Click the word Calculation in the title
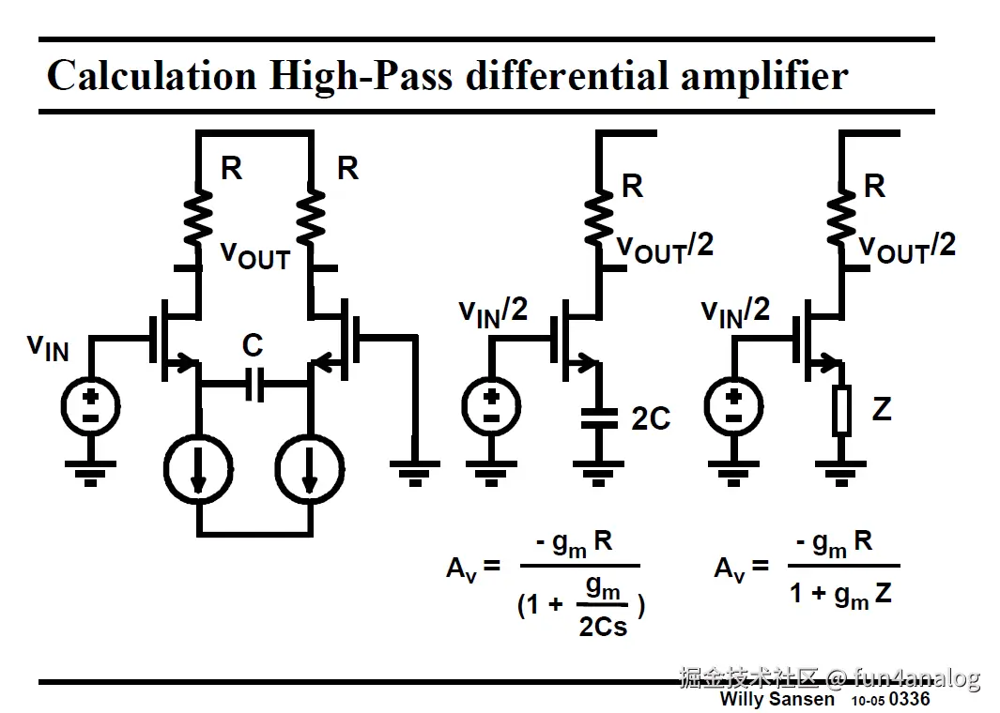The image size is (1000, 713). pyautogui.click(x=150, y=76)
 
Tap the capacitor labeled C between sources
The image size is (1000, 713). pyautogui.click(x=254, y=384)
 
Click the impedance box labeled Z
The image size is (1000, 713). pyautogui.click(x=840, y=411)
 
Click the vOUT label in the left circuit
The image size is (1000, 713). pyautogui.click(x=254, y=254)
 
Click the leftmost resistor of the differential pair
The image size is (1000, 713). pyautogui.click(x=198, y=213)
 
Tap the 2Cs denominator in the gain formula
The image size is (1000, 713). pyautogui.click(x=603, y=625)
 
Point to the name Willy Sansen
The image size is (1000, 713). pyautogui.click(x=777, y=699)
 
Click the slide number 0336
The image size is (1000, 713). pyautogui.click(x=910, y=699)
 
